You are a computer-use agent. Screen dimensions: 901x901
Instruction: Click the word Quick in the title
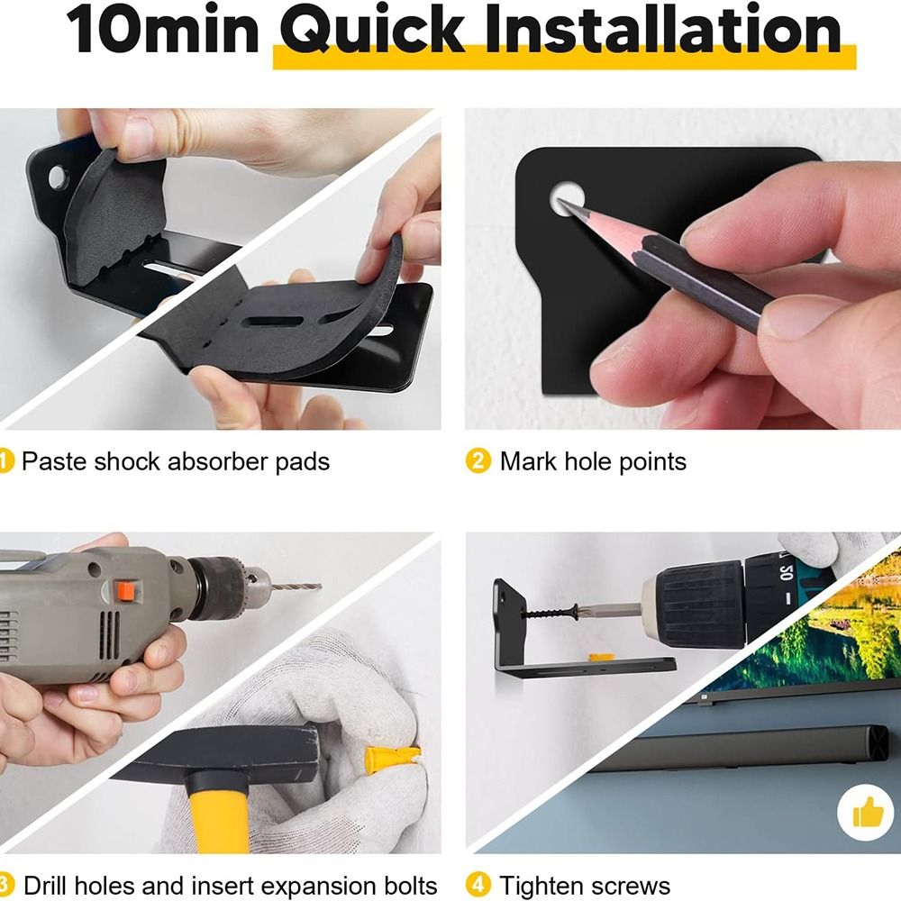pos(372,30)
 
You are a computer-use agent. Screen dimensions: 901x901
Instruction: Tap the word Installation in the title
pos(664,29)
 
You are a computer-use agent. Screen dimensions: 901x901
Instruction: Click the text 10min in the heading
pos(162,30)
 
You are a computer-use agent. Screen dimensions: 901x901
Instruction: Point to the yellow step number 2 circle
pos(478,460)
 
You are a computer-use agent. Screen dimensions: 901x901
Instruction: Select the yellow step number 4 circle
pos(478,885)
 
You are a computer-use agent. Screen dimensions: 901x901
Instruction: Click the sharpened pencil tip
pos(560,202)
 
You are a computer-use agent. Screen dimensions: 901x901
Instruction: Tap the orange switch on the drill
pos(125,591)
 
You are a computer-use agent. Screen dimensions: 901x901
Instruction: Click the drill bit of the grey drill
pos(296,587)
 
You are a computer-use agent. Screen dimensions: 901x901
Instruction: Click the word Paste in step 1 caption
pos(54,461)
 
